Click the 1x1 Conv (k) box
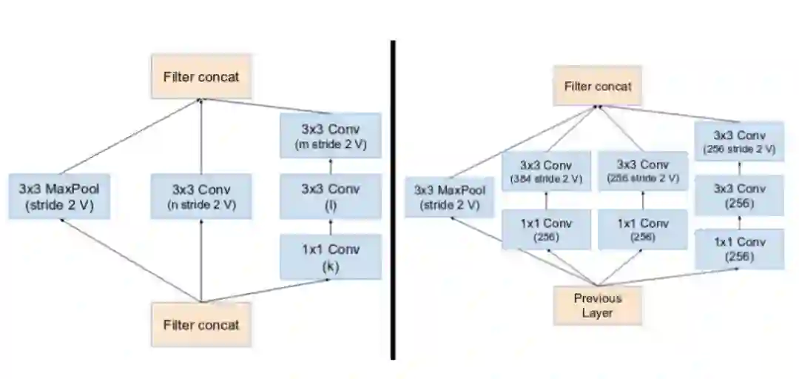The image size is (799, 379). click(x=331, y=257)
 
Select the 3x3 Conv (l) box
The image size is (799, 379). click(x=331, y=196)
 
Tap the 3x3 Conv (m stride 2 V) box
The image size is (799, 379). click(x=331, y=135)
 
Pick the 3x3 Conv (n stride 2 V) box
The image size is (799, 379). click(x=201, y=196)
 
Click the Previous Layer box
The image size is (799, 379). click(x=598, y=305)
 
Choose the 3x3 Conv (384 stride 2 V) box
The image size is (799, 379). click(x=547, y=171)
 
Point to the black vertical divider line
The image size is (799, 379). click(x=392, y=200)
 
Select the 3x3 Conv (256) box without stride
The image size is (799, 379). click(x=739, y=195)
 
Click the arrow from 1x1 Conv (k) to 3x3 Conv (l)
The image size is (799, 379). click(x=331, y=227)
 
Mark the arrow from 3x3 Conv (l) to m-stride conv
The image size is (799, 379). click(x=331, y=166)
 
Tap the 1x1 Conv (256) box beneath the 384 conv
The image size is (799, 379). click(x=547, y=229)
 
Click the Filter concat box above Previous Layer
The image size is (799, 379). click(x=598, y=86)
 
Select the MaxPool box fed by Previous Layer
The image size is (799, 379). click(x=450, y=197)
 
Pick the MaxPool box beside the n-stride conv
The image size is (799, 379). click(x=59, y=196)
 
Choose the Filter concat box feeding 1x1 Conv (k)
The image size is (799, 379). click(x=201, y=324)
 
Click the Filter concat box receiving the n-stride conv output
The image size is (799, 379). click(x=201, y=76)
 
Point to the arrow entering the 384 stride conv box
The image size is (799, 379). click(x=547, y=200)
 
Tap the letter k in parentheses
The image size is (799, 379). click(x=331, y=267)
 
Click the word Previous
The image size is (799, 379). click(x=598, y=298)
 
